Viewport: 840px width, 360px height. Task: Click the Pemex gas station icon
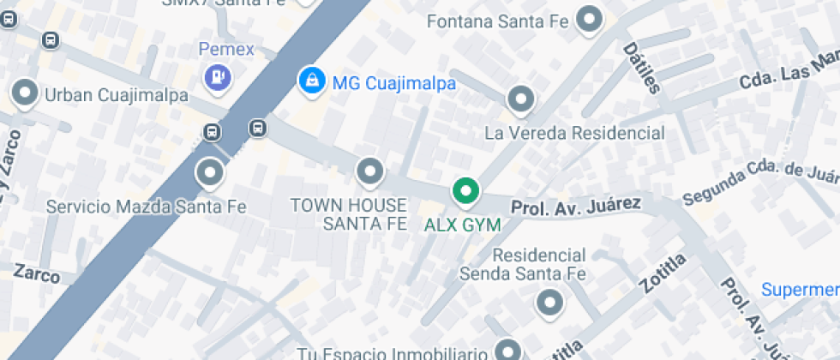218,78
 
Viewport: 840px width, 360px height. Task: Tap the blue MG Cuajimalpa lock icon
310,81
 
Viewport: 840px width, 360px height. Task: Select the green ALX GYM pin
465,191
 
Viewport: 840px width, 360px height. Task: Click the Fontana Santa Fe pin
589,21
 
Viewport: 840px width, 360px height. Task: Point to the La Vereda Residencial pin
520,100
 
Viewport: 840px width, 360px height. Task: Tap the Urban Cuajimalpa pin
25,93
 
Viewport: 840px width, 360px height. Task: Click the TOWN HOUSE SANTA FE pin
369,171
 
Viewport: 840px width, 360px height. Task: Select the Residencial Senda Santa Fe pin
549,302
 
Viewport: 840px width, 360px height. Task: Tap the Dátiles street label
642,68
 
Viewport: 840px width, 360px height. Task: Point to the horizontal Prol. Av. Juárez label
576,205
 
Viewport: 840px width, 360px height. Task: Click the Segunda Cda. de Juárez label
759,183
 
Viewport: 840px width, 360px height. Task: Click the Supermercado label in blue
801,290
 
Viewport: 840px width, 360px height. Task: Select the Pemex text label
226,49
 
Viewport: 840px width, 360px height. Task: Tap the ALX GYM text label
463,225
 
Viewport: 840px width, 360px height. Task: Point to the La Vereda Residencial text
574,133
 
